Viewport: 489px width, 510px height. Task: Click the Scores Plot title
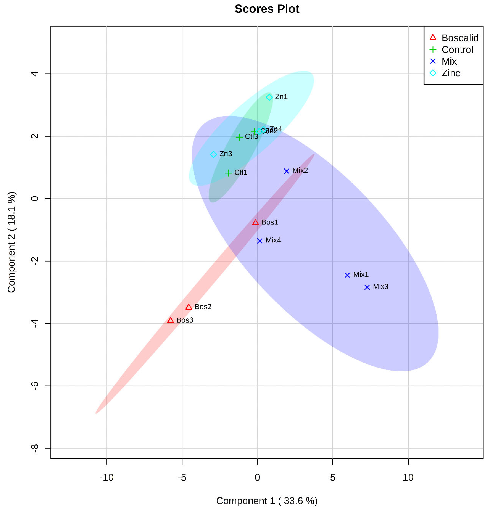pos(267,9)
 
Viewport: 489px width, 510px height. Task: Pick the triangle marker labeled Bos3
pos(170,320)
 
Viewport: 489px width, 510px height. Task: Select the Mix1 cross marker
pos(347,275)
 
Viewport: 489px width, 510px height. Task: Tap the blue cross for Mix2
pos(286,171)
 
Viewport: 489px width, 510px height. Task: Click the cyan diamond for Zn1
pos(269,97)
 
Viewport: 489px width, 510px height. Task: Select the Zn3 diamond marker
pos(213,154)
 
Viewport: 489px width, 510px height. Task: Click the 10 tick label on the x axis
pos(408,477)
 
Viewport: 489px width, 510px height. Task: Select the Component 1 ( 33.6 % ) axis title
pos(267,501)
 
